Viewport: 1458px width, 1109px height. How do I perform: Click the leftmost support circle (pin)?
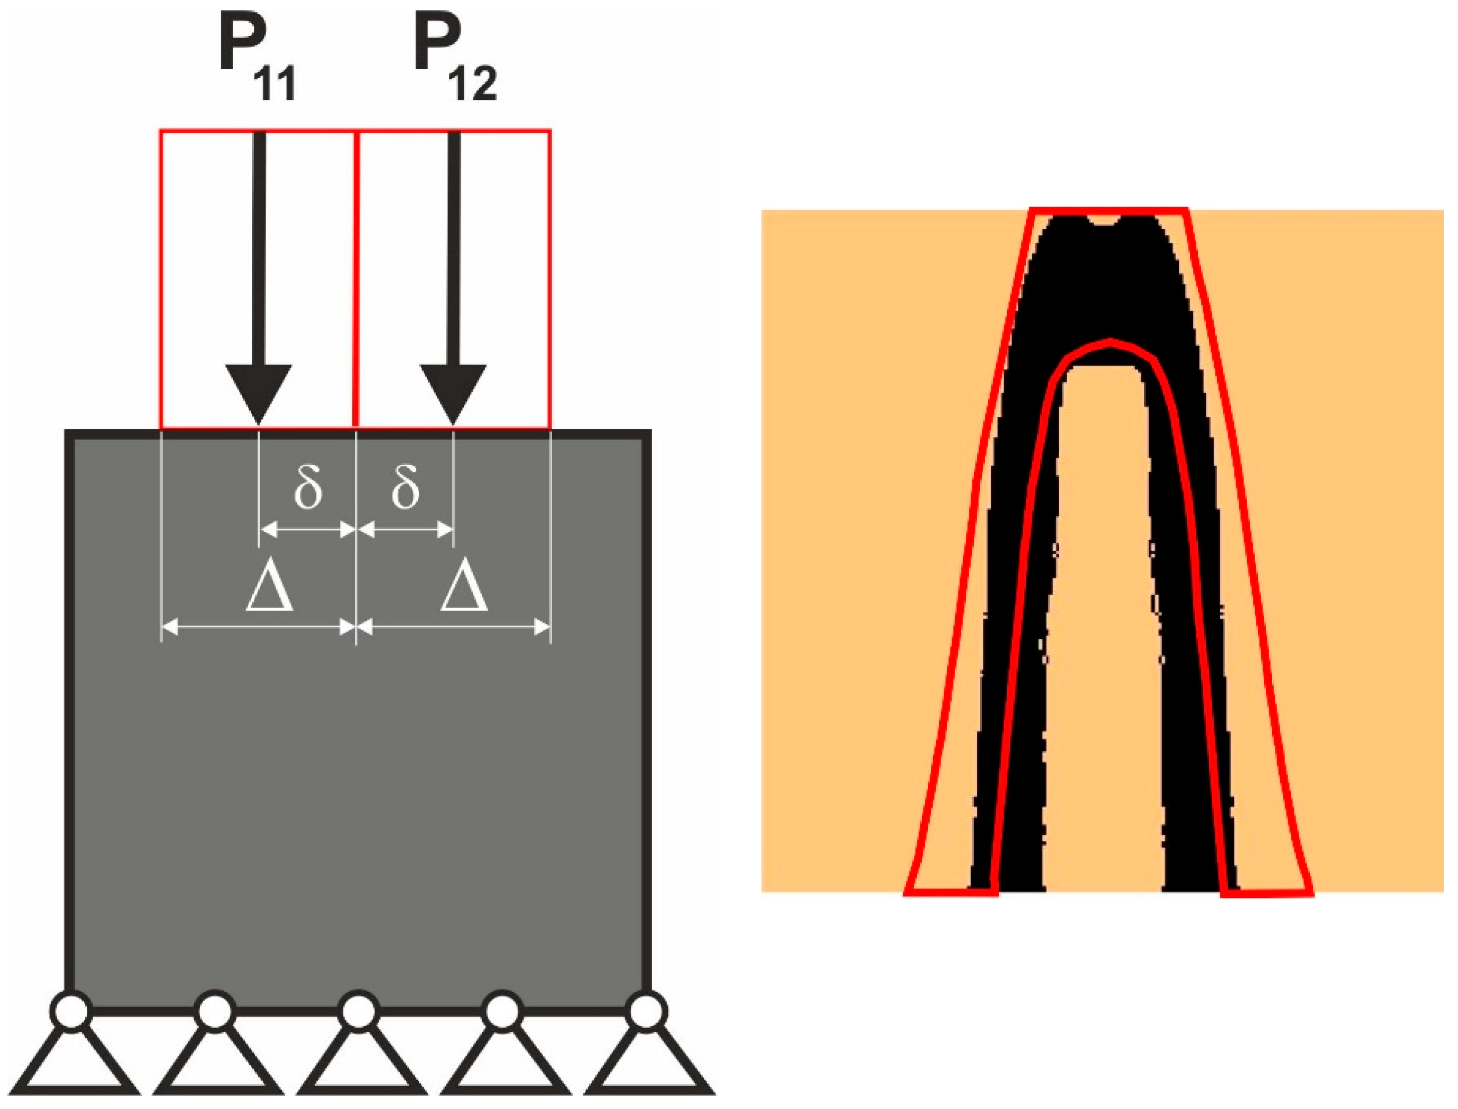71,1011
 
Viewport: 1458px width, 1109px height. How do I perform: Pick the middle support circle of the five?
358,1011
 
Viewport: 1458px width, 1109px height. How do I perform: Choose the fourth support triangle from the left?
505,1063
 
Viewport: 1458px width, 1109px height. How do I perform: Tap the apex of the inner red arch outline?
1110,342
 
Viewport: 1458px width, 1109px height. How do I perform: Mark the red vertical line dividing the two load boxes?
356,277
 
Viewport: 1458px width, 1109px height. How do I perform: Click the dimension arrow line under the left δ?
308,529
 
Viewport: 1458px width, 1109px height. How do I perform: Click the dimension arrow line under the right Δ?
453,628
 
